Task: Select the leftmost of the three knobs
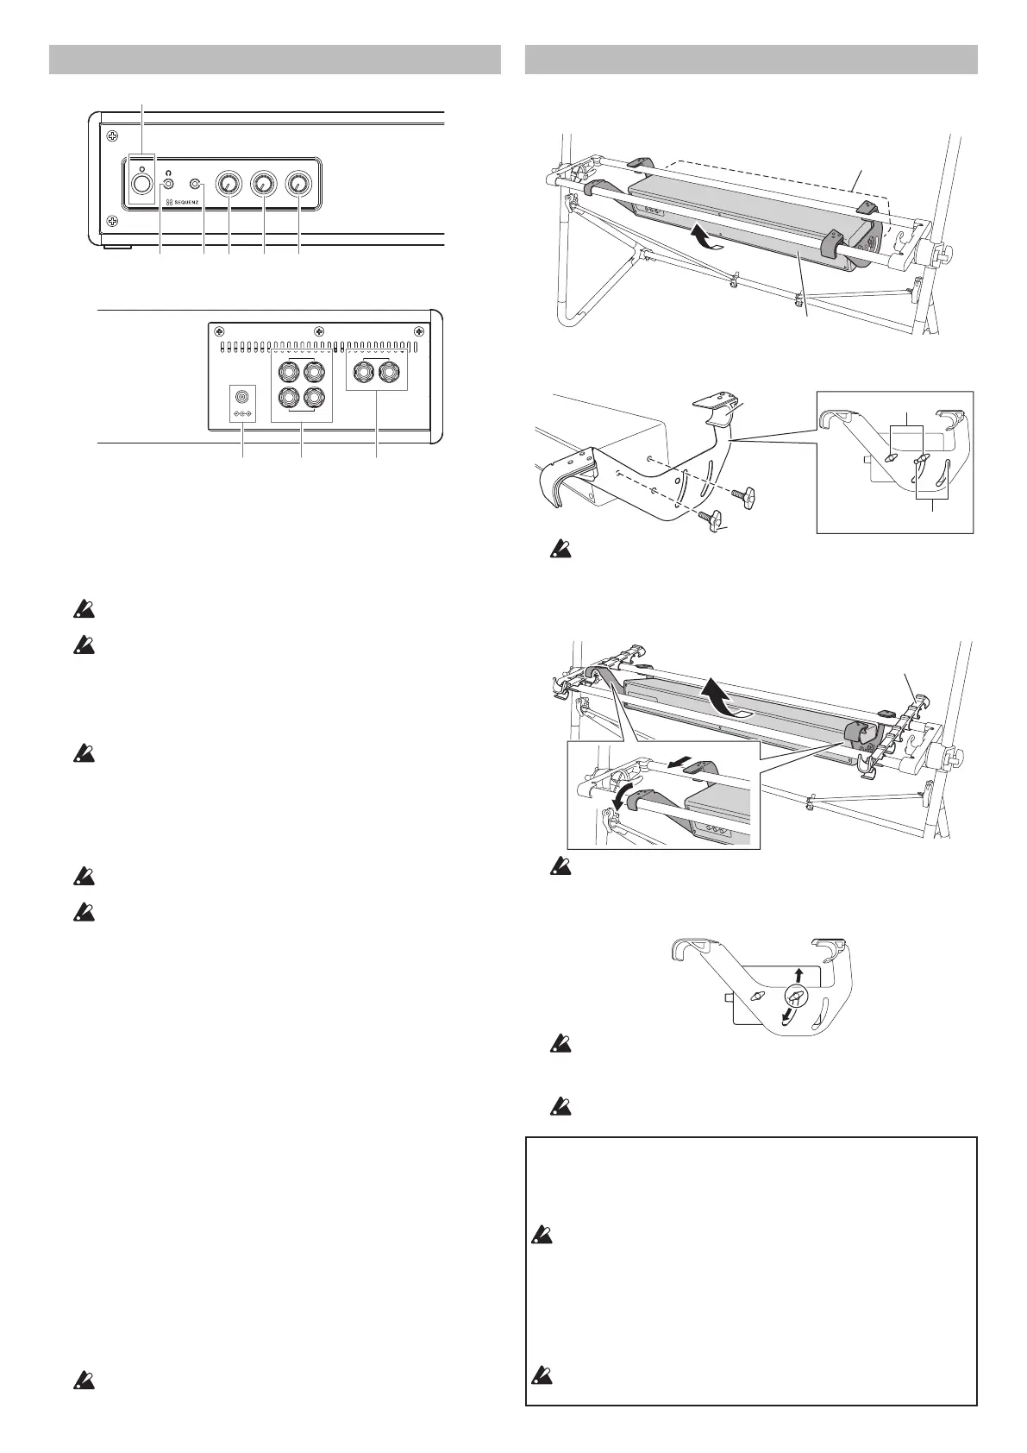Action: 229,184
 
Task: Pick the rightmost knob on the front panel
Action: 298,184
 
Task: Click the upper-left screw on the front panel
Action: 112,135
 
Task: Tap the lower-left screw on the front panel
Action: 112,223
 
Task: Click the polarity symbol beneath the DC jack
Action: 242,413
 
